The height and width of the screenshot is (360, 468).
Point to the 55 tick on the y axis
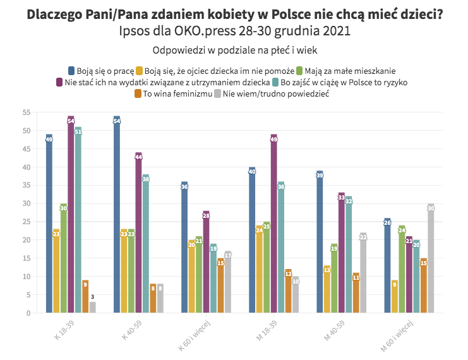[27, 112]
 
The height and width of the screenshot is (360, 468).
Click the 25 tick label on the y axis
[27, 222]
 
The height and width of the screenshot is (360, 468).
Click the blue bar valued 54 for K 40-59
[117, 215]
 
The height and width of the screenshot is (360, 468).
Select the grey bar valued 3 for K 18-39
[93, 307]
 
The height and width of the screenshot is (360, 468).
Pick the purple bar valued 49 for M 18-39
[274, 224]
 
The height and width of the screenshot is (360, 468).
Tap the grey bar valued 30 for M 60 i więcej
[431, 258]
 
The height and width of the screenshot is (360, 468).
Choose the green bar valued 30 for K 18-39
[63, 258]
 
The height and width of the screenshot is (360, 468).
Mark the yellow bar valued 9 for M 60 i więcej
[395, 296]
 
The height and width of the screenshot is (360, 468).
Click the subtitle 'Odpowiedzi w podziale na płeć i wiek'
[234, 49]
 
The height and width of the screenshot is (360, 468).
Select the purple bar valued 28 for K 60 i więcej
[206, 262]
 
